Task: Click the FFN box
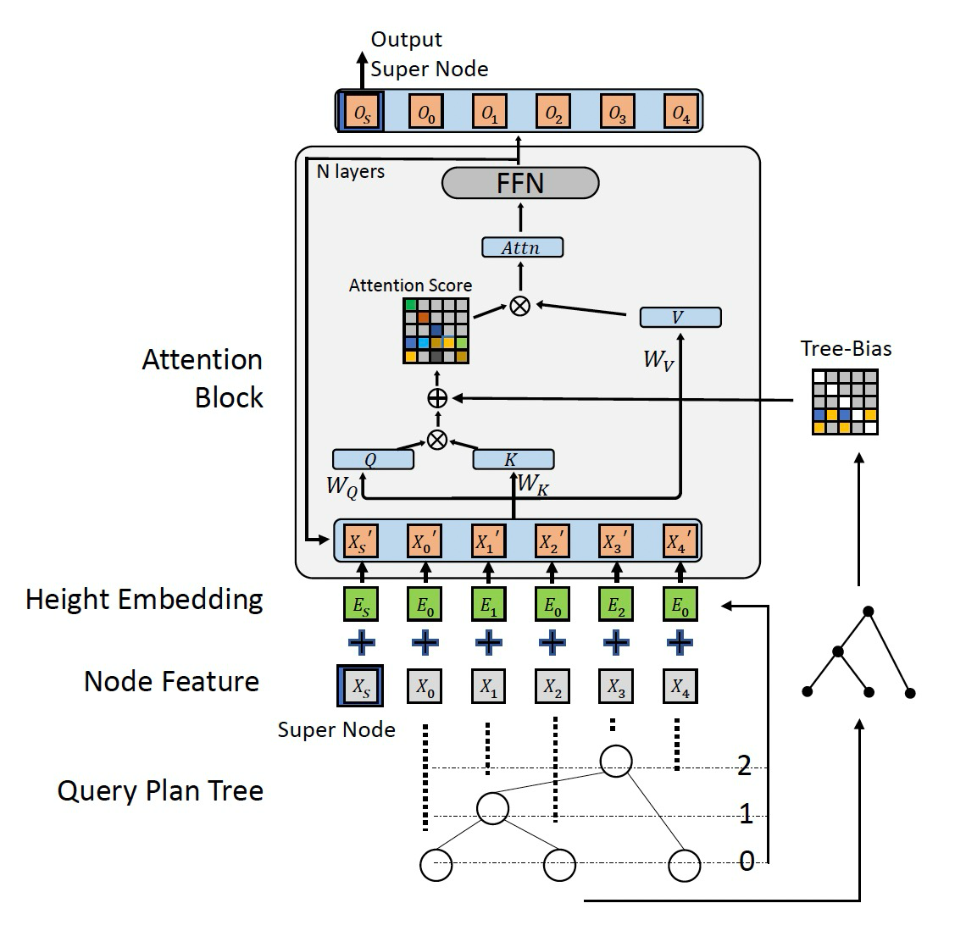[520, 183]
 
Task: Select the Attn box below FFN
[522, 247]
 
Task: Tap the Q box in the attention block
[373, 460]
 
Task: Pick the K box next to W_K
[513, 460]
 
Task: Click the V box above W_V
[680, 318]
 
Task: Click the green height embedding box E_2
[616, 606]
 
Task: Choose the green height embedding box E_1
[488, 606]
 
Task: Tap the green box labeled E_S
[362, 606]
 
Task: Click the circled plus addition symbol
[437, 398]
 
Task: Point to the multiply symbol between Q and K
[437, 439]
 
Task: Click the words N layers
[350, 172]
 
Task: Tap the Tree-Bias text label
[846, 348]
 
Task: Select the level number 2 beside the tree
[744, 766]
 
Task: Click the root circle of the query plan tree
[616, 761]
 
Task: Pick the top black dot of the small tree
[868, 611]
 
